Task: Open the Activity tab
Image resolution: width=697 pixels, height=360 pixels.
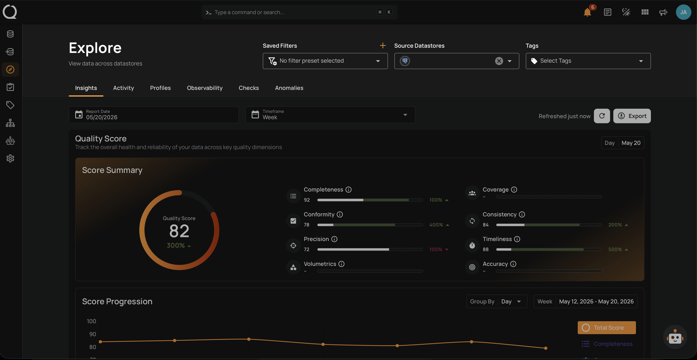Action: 123,88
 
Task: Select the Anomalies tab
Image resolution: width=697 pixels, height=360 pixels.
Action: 289,88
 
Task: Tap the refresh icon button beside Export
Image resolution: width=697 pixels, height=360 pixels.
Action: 602,116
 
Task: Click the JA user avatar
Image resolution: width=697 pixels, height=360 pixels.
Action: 683,12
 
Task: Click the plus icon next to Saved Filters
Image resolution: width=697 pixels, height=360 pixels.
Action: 383,45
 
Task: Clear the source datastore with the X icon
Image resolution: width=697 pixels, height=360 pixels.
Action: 499,61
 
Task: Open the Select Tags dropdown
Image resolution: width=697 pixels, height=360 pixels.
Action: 588,61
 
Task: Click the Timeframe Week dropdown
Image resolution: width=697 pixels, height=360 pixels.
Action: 330,115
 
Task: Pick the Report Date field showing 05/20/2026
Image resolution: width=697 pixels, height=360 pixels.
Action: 154,115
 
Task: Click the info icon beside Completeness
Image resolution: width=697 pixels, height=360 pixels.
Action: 348,190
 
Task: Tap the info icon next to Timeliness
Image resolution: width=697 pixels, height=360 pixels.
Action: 517,239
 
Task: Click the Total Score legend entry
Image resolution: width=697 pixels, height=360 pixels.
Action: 607,327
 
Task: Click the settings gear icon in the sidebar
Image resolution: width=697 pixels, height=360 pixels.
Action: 10,159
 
